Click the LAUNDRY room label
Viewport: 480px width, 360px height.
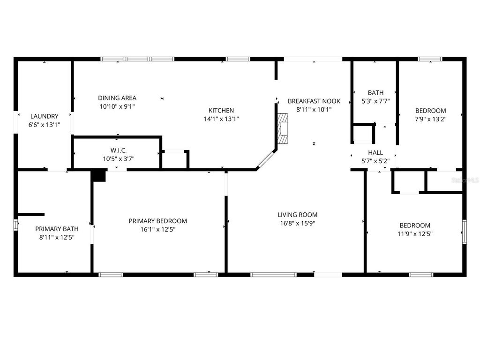coord(44,116)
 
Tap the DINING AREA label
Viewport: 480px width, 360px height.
coord(117,98)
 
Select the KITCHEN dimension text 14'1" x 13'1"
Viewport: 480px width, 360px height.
coord(221,119)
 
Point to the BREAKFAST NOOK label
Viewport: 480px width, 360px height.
coord(314,101)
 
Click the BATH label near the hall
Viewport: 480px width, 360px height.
coord(375,93)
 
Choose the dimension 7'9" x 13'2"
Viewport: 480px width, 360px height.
coord(430,119)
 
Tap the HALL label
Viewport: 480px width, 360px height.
coord(375,152)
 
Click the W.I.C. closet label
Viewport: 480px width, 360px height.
coord(118,150)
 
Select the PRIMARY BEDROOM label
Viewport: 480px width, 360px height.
coord(158,221)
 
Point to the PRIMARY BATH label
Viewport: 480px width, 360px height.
coord(57,229)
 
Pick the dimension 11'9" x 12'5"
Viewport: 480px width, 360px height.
coord(414,233)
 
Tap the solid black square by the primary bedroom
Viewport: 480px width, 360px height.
coord(98,175)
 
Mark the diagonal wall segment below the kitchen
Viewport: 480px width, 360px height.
coord(266,160)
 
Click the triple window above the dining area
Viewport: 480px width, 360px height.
coord(137,59)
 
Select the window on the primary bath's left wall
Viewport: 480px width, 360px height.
coord(16,225)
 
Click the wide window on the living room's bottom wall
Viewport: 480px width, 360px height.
coord(273,274)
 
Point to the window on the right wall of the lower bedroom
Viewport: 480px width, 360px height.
coord(464,232)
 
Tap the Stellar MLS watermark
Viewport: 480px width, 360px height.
coord(465,180)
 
